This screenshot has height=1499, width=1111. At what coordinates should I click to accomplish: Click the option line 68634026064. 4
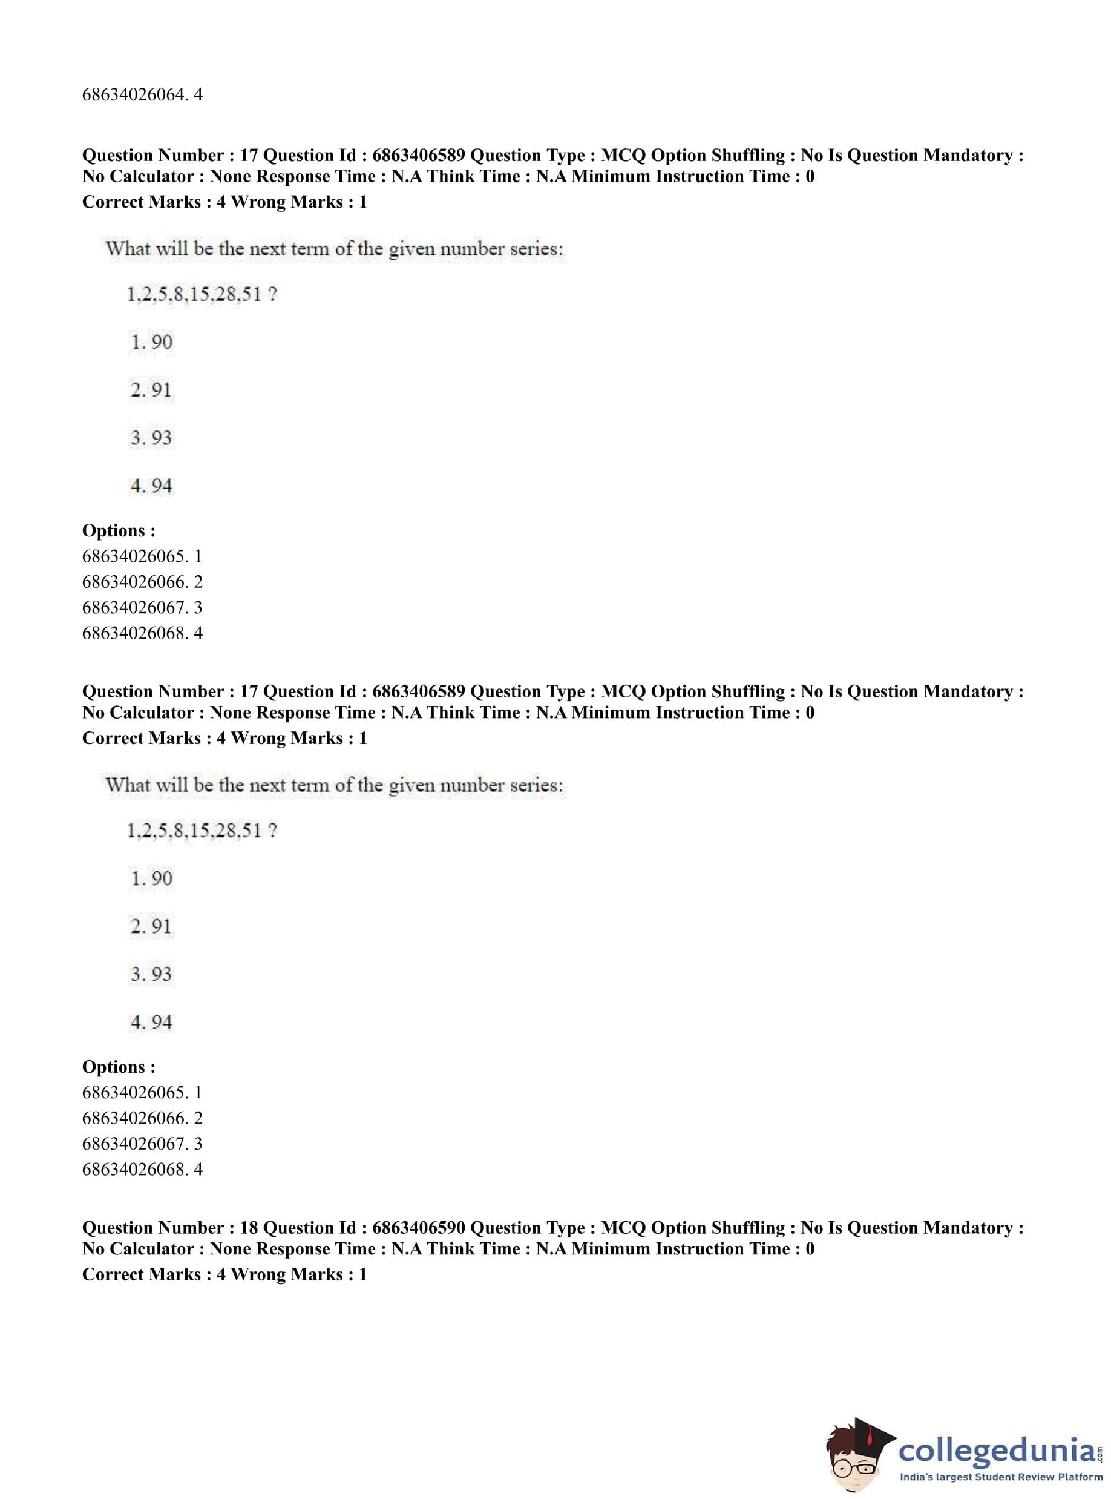142,95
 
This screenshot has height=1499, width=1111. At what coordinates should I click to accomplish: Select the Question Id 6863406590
418,1228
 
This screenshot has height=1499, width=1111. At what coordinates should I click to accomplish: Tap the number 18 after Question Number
248,1228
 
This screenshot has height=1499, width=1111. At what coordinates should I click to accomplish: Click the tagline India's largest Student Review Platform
1001,1477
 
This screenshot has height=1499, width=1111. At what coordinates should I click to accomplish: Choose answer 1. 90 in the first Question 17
151,342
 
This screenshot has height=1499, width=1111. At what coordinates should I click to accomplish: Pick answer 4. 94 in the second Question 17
151,1022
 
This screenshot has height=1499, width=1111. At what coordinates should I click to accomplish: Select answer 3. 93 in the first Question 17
151,438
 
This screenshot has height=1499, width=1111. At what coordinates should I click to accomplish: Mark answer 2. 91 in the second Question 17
151,926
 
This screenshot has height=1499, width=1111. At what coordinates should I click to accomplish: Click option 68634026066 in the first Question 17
142,582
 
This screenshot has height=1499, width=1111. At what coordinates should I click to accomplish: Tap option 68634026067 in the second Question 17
142,1144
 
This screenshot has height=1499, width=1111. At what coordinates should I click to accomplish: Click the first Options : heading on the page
119,531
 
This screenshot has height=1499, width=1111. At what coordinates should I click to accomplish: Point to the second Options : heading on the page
119,1067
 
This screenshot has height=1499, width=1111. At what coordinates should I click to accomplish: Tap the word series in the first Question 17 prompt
536,249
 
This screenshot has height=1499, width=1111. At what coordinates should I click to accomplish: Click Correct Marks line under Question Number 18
224,1274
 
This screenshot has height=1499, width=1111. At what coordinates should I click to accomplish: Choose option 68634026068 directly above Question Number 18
142,1169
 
